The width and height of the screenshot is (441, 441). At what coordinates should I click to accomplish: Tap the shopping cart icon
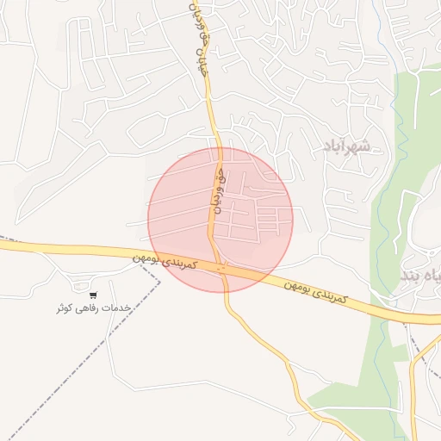click(93, 295)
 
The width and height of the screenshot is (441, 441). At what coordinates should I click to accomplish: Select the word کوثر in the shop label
click(65, 307)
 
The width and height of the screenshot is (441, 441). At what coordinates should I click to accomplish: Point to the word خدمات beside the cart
click(121, 307)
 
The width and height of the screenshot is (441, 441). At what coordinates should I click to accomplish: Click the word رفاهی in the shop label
click(92, 307)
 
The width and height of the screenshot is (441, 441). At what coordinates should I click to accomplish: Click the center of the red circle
click(220, 220)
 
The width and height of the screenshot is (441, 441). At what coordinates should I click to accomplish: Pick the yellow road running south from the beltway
click(258, 336)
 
